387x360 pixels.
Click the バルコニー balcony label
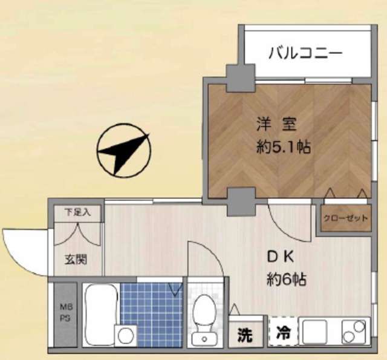[x=305, y=54]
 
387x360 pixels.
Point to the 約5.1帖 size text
[x=283, y=147]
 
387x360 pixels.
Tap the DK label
[x=281, y=257]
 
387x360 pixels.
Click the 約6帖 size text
[x=286, y=280]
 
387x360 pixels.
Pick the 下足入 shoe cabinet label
[x=77, y=212]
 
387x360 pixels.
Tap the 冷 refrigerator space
[x=282, y=332]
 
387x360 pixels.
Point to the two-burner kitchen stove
[x=355, y=332]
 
